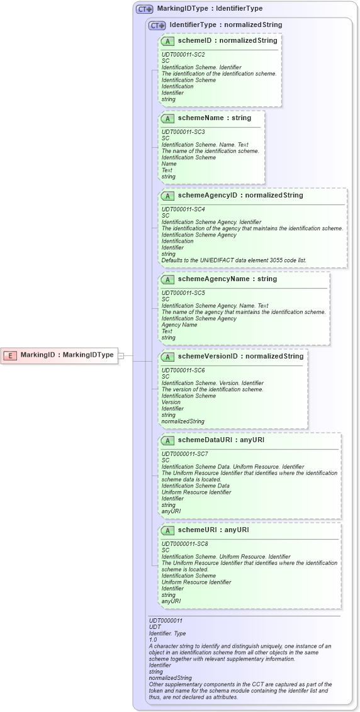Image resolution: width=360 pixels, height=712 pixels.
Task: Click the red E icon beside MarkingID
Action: tap(10, 355)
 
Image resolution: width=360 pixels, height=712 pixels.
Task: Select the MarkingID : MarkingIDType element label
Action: tap(67, 355)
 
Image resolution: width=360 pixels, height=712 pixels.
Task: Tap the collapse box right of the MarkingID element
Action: tap(121, 355)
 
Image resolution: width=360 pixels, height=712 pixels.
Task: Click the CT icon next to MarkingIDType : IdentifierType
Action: tap(145, 9)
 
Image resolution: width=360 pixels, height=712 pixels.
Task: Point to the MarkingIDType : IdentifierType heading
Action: tap(210, 9)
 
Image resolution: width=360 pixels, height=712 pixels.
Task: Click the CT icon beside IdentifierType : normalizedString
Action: tap(157, 25)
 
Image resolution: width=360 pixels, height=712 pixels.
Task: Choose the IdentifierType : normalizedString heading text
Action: tap(225, 25)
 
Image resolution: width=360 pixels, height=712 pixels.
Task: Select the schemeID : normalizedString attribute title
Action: tap(227, 41)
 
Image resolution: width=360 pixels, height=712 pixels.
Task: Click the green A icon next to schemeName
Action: tap(167, 118)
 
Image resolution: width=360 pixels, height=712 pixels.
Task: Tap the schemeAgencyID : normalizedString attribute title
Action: tap(240, 196)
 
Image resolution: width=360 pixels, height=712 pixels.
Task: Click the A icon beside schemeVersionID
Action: tap(167, 357)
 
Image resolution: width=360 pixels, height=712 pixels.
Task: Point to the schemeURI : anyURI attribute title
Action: tap(213, 530)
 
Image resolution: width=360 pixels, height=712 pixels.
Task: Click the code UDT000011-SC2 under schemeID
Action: tap(183, 55)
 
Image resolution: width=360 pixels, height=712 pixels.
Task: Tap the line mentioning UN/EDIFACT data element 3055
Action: tap(233, 260)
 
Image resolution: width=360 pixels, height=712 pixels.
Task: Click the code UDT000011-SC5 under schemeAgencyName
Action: tap(183, 293)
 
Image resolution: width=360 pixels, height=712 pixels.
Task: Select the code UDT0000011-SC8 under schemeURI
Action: tap(184, 544)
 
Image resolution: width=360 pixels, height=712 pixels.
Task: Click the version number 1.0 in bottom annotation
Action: tap(153, 640)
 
